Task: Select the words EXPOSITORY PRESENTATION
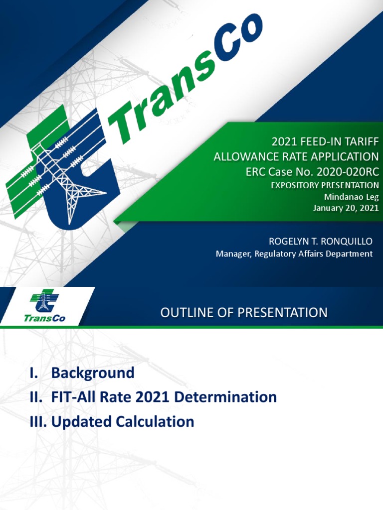pyautogui.click(x=325, y=185)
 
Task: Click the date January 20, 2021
pyautogui.click(x=346, y=208)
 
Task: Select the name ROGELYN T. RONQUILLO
pyautogui.click(x=321, y=242)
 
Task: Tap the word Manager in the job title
pyautogui.click(x=233, y=254)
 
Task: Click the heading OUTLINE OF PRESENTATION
pyautogui.click(x=244, y=313)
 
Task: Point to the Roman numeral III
pyautogui.click(x=37, y=422)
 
